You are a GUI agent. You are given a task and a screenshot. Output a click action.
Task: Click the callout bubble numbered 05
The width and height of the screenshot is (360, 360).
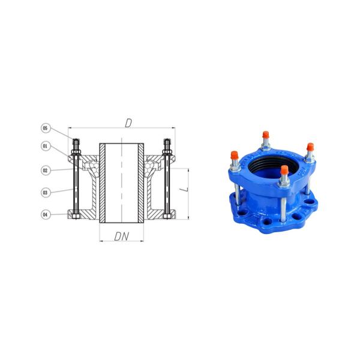click(x=44, y=128)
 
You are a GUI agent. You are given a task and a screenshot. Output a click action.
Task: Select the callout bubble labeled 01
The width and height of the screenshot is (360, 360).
click(x=44, y=145)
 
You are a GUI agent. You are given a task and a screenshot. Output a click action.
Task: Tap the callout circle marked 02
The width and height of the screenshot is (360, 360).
click(x=44, y=170)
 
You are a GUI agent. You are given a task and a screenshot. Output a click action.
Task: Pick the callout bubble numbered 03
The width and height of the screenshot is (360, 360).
click(x=44, y=193)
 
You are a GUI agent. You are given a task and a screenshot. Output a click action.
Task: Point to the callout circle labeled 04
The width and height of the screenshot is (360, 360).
click(x=44, y=214)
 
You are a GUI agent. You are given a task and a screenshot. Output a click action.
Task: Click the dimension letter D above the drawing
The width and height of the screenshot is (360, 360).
click(x=128, y=123)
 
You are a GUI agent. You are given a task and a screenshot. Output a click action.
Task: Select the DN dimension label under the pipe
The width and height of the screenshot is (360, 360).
click(x=122, y=236)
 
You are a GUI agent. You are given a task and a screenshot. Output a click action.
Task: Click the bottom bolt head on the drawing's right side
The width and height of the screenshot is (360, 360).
click(x=167, y=215)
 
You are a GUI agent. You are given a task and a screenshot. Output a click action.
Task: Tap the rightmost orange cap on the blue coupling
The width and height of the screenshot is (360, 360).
click(x=310, y=148)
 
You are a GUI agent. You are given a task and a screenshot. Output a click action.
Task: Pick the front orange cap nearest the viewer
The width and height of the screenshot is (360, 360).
click(x=283, y=171)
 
